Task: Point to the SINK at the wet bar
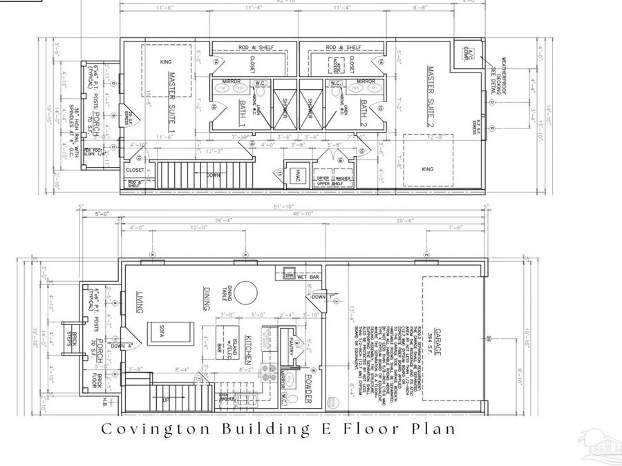point(289,274)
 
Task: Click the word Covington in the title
point(147,429)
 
